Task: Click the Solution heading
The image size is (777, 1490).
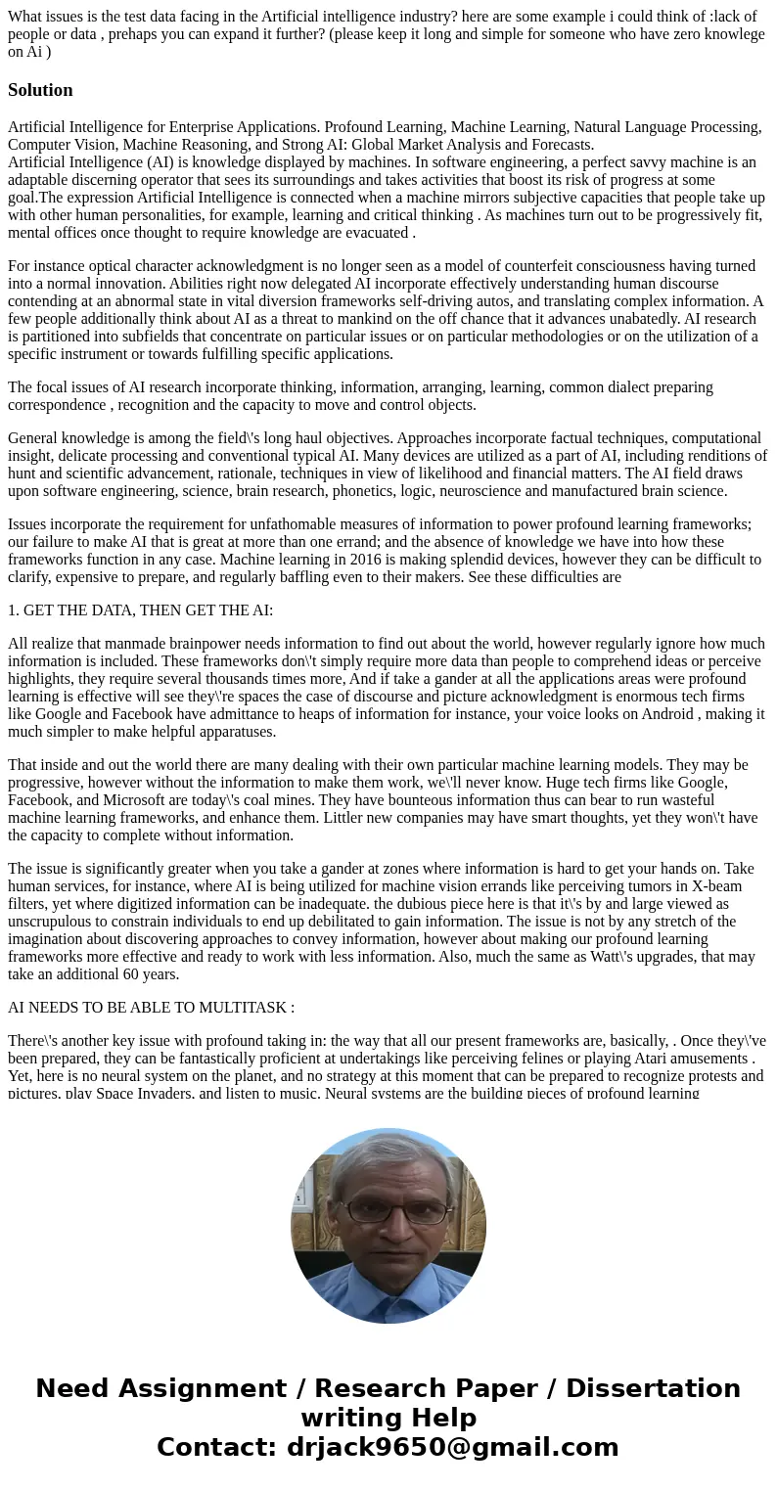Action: pyautogui.click(x=40, y=90)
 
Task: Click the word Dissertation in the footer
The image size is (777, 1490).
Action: pyautogui.click(x=653, y=1388)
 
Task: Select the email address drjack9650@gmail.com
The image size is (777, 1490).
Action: pyautogui.click(x=452, y=1447)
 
